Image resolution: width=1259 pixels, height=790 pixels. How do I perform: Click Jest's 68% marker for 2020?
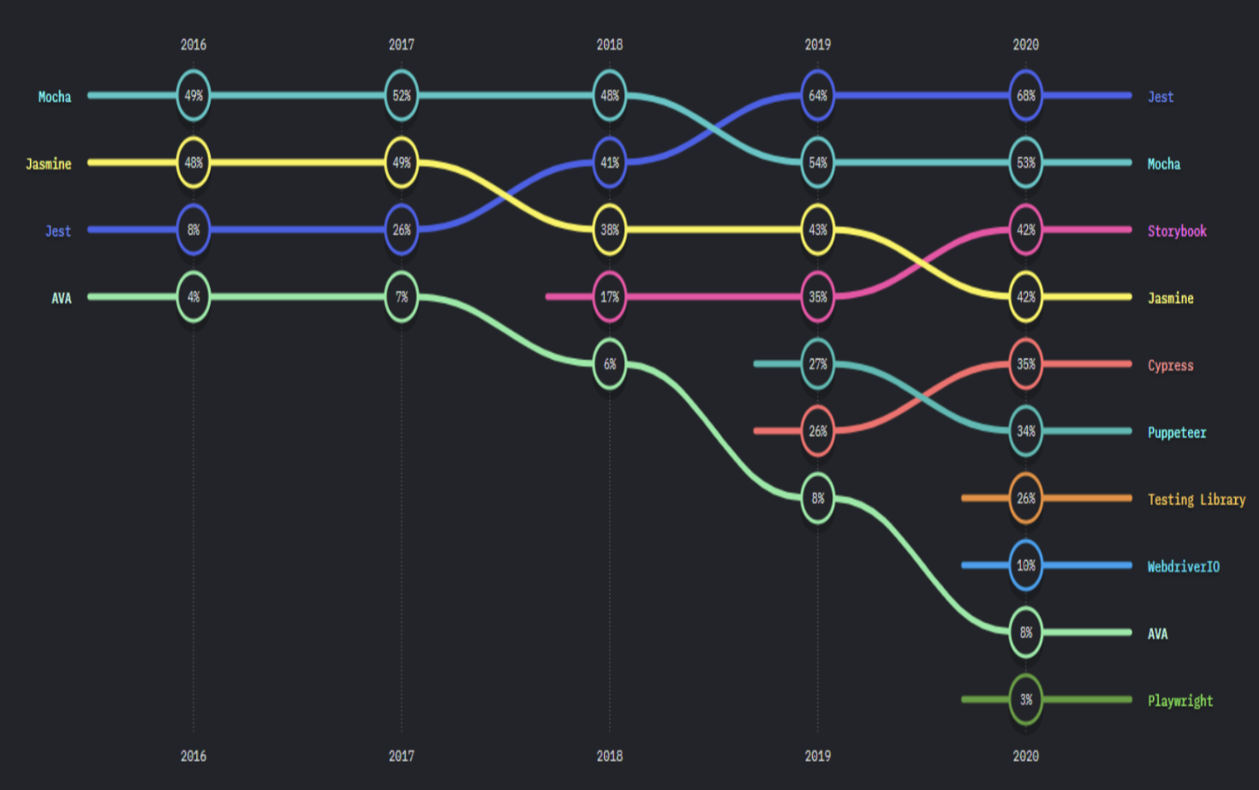[1026, 96]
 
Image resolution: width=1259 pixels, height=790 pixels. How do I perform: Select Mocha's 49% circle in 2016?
[194, 96]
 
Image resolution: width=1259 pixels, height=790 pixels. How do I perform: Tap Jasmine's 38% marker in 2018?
[610, 230]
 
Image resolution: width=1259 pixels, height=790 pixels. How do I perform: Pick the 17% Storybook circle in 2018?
[610, 297]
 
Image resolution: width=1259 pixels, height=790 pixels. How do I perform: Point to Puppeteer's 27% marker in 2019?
[818, 364]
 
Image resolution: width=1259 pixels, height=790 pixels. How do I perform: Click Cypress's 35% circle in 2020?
[1026, 364]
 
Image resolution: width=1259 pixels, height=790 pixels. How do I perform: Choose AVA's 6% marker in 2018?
[610, 364]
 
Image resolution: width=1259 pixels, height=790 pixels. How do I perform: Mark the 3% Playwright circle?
[1026, 700]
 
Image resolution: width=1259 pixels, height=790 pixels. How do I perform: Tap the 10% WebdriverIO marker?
[1026, 566]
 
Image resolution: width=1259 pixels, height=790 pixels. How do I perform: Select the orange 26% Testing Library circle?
[1026, 499]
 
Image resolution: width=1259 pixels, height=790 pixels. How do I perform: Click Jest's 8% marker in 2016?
[194, 230]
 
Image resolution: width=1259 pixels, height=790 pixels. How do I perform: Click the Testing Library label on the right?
[1196, 500]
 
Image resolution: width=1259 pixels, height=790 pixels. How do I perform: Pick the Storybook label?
[1177, 231]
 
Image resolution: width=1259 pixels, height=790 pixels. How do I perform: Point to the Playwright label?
[1180, 701]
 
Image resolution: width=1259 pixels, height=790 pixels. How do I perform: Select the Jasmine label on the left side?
[49, 164]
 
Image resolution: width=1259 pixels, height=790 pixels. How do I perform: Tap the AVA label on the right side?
[1158, 634]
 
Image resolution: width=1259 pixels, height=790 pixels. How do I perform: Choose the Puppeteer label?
[1177, 433]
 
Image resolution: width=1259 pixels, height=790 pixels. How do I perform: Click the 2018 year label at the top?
[610, 45]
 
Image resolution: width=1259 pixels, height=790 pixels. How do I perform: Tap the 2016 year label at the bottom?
[194, 756]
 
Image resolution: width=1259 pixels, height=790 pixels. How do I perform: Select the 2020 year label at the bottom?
[1026, 756]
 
